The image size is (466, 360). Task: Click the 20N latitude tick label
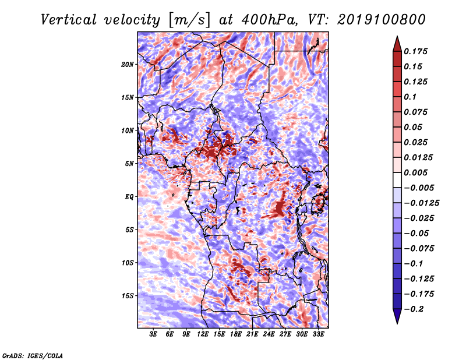tap(128, 65)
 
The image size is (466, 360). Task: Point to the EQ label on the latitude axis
tap(129, 197)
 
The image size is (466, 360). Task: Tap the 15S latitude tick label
tap(128, 296)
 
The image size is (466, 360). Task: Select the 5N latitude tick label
tap(129, 164)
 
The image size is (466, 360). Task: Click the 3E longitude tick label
tap(153, 334)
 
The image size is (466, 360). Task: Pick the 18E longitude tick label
tap(236, 334)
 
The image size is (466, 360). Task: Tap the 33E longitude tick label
tap(318, 334)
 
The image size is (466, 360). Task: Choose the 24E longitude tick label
tap(269, 334)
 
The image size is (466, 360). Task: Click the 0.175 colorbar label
tap(415, 51)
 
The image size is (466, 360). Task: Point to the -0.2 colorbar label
tap(414, 309)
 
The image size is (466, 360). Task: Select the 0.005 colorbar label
tap(415, 172)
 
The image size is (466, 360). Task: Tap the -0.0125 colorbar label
tap(421, 203)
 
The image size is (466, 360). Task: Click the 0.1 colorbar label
tap(410, 97)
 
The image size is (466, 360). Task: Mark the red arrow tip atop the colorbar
tap(397, 36)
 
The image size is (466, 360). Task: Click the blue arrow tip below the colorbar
tap(397, 323)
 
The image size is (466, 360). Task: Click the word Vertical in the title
tap(69, 20)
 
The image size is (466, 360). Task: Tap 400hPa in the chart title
tap(270, 20)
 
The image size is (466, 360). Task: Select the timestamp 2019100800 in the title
tap(382, 20)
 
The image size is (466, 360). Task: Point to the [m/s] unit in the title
tap(189, 20)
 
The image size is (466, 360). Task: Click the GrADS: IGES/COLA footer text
tap(33, 355)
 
